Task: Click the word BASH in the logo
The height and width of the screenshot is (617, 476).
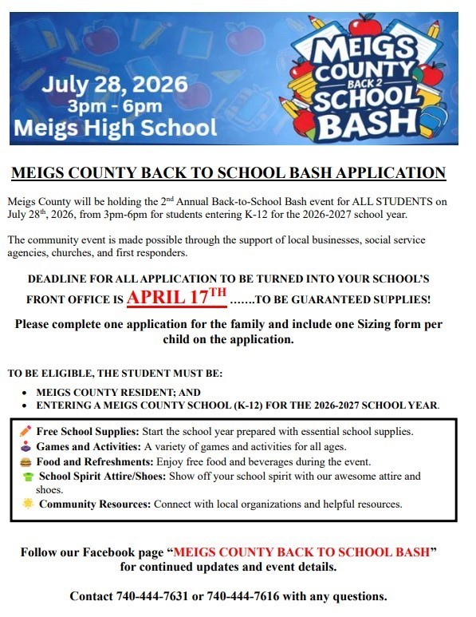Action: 364,122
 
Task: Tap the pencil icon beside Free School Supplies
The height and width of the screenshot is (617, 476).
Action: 26,431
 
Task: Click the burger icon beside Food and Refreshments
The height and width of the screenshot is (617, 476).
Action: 26,461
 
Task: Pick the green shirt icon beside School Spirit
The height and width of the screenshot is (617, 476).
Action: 28,477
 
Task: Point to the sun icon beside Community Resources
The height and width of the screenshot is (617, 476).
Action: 28,504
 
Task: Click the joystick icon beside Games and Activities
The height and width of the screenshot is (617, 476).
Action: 26,446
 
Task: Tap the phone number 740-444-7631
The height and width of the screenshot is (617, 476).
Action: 151,596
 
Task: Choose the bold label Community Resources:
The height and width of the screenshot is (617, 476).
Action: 95,504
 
